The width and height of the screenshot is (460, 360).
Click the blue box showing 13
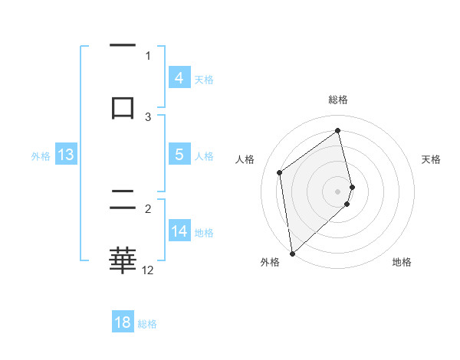(65, 155)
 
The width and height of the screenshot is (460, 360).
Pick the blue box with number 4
(179, 78)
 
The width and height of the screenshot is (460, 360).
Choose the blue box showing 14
(179, 231)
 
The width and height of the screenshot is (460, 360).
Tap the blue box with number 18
(123, 322)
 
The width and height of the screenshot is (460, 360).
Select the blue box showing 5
(179, 155)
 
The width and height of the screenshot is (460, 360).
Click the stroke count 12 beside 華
(148, 270)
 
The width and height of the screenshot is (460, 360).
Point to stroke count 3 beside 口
(148, 116)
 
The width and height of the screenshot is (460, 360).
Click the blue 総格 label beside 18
(147, 324)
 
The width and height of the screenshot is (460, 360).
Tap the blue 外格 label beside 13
(41, 156)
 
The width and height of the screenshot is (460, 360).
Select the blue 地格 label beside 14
(204, 233)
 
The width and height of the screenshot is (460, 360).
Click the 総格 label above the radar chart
(338, 100)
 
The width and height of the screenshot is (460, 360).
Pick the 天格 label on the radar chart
(432, 159)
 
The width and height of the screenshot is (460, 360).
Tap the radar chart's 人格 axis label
(245, 159)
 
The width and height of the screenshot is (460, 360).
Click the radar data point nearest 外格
(291, 253)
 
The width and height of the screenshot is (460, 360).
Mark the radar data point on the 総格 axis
(338, 131)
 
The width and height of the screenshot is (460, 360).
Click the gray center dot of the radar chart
(338, 191)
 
